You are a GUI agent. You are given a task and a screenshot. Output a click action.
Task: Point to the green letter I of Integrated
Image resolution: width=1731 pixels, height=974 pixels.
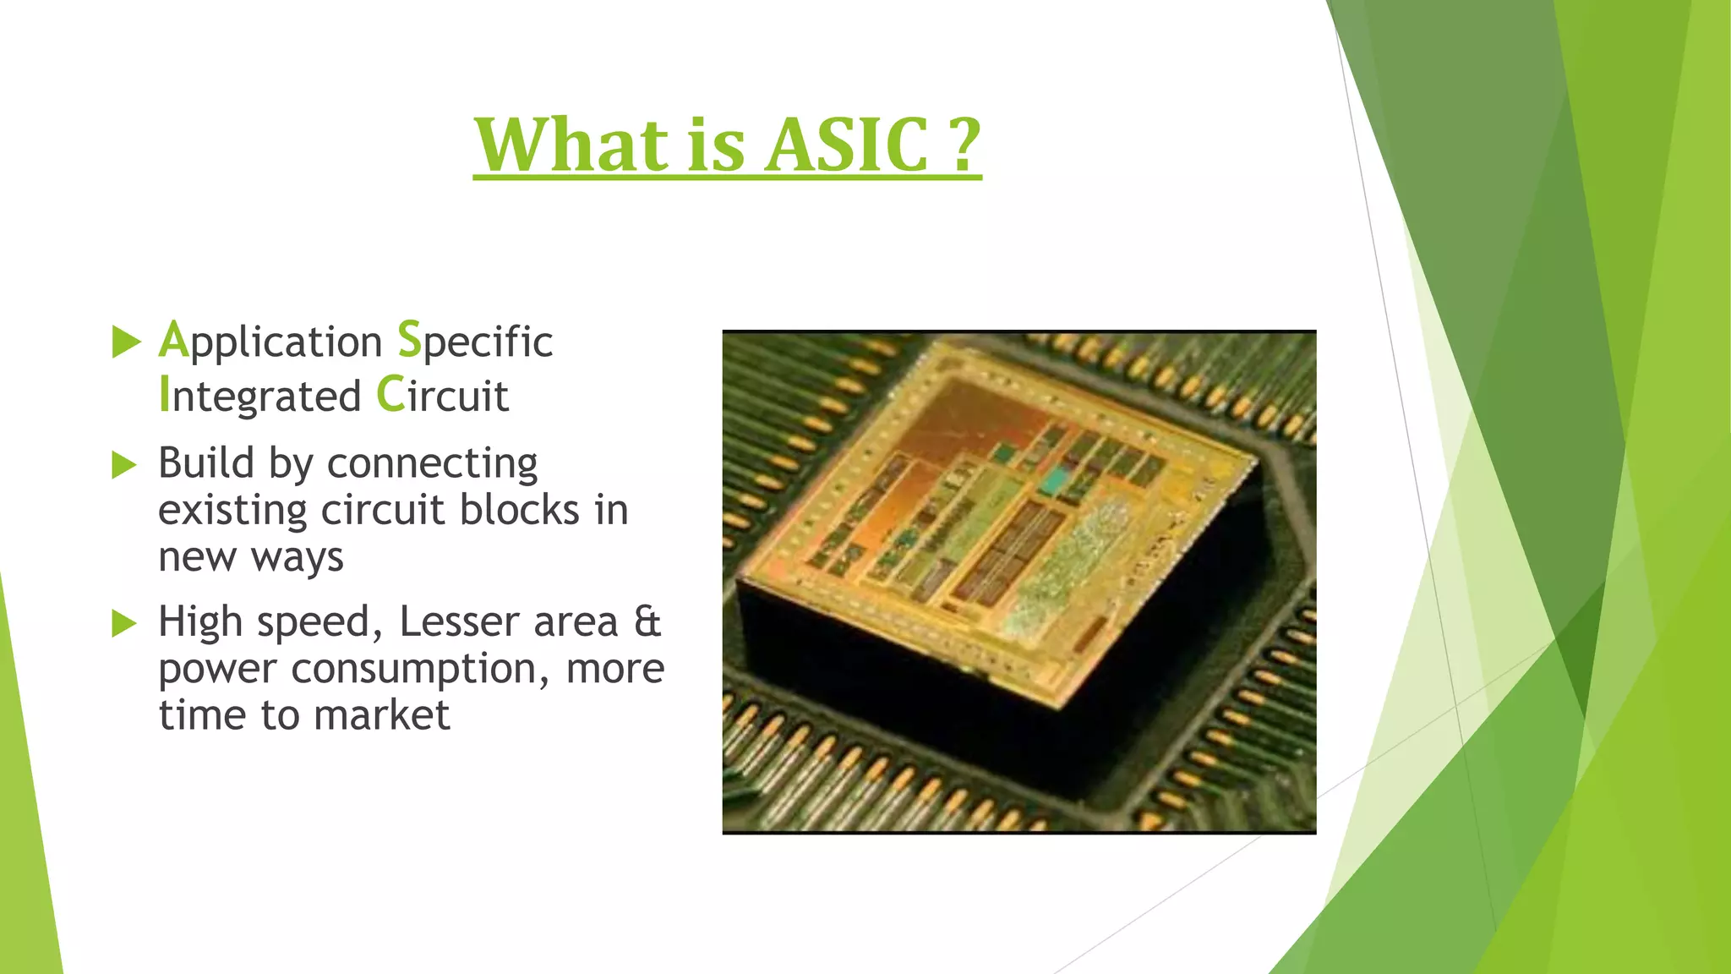coord(164,395)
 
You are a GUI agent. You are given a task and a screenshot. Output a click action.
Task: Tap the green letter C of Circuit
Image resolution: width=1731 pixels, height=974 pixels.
coord(390,395)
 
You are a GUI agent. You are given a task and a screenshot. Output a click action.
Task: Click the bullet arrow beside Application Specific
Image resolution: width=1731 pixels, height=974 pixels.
coord(125,342)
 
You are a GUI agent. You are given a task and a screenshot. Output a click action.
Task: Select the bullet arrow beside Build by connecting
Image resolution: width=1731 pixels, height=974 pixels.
coord(123,464)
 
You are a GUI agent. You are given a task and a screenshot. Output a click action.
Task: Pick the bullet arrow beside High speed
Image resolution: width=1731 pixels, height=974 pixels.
coord(123,623)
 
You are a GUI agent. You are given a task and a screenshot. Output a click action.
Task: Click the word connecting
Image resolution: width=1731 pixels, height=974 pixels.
coord(432,465)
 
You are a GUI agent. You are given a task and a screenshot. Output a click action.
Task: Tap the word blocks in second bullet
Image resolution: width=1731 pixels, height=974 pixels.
coord(519,510)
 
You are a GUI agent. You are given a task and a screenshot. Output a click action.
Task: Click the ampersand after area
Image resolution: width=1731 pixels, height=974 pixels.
coord(647,622)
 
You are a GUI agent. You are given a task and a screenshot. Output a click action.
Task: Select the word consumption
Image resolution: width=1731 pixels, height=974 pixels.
coord(415,670)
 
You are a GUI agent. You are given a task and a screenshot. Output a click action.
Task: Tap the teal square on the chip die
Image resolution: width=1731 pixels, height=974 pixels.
coord(1052,481)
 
